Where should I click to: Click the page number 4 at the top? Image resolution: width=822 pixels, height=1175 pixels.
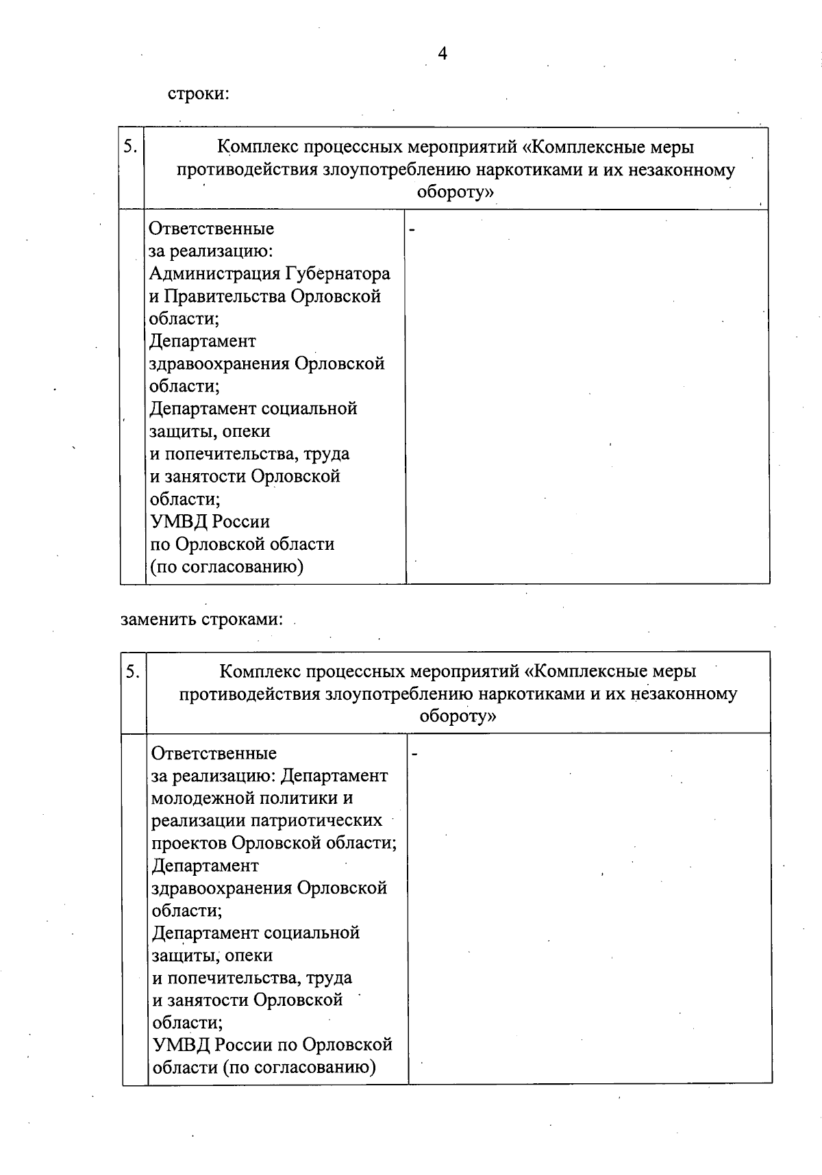443,53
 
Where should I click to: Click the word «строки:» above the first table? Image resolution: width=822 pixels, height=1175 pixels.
198,93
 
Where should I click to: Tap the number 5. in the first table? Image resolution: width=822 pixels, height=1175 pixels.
131,146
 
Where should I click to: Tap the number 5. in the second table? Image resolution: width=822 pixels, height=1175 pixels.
133,671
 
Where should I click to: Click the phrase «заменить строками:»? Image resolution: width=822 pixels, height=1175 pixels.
202,619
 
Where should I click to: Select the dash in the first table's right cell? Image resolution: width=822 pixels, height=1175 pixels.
412,230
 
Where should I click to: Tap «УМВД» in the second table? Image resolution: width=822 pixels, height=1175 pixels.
180,1045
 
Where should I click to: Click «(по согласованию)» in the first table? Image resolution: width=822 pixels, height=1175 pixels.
227,567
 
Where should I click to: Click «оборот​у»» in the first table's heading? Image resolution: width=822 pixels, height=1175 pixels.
455,192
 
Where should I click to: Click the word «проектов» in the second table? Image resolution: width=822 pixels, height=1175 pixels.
188,843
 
